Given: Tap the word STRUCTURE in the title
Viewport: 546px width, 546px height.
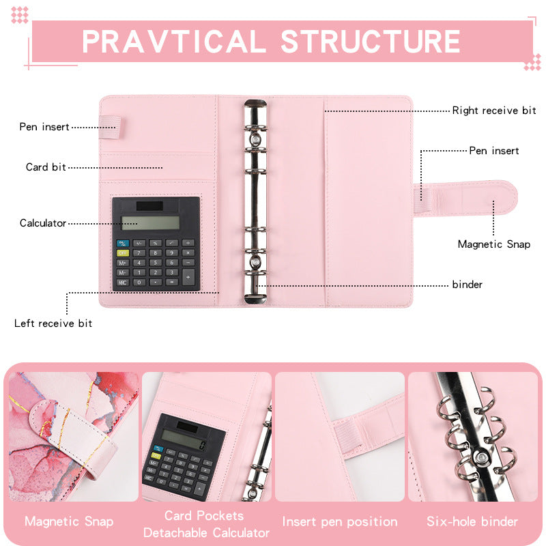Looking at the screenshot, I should click(371, 41).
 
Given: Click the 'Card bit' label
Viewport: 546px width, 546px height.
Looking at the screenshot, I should click(46, 167).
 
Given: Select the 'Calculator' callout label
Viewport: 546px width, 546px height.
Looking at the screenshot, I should click(43, 223).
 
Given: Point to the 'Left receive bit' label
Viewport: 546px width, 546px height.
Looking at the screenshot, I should click(53, 323).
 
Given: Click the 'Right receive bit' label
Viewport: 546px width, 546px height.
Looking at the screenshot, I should click(494, 111).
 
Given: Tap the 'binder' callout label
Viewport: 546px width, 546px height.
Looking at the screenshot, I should click(468, 285).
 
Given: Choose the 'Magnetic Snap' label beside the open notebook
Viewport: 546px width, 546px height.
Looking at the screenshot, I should click(493, 244).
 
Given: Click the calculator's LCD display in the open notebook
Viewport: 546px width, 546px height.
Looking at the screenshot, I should click(150, 222).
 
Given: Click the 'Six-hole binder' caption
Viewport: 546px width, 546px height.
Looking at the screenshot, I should click(472, 522).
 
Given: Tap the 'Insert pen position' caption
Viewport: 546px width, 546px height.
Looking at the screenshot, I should click(340, 522).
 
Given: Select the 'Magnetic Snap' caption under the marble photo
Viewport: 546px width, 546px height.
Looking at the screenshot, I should click(69, 522).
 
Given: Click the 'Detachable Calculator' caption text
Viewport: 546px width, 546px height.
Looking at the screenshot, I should click(206, 532).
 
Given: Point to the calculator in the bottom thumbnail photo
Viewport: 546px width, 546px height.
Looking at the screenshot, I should click(183, 457).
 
